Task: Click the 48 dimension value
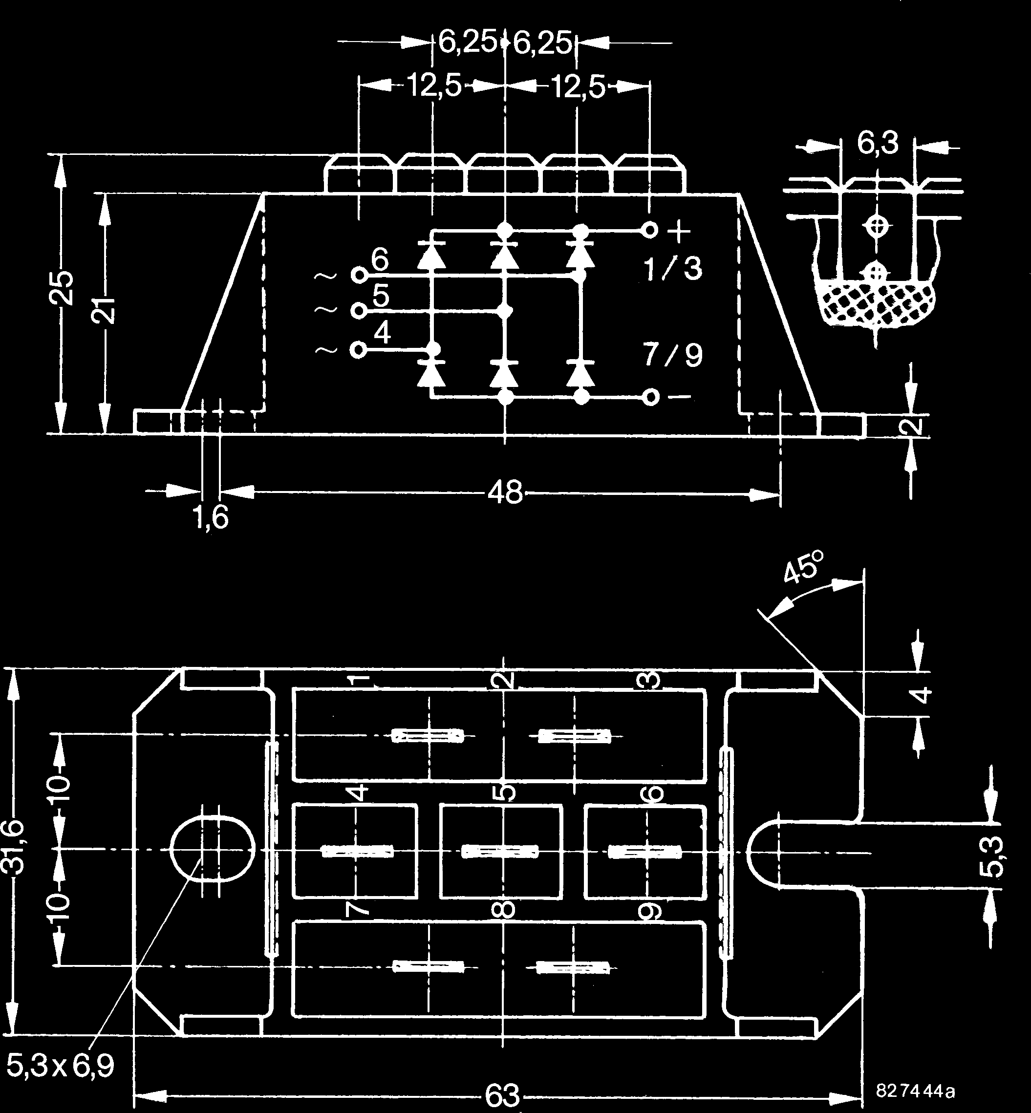[x=505, y=493]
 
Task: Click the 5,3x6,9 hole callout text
[x=60, y=1066]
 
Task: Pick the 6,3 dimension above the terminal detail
[x=878, y=143]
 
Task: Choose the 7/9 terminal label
[x=672, y=355]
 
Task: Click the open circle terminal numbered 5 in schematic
[x=358, y=311]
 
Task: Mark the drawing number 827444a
[x=915, y=1091]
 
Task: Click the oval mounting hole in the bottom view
[x=212, y=849]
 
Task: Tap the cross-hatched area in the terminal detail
[x=877, y=303]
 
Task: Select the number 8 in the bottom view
[x=503, y=910]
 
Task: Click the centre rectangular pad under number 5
[x=500, y=851]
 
